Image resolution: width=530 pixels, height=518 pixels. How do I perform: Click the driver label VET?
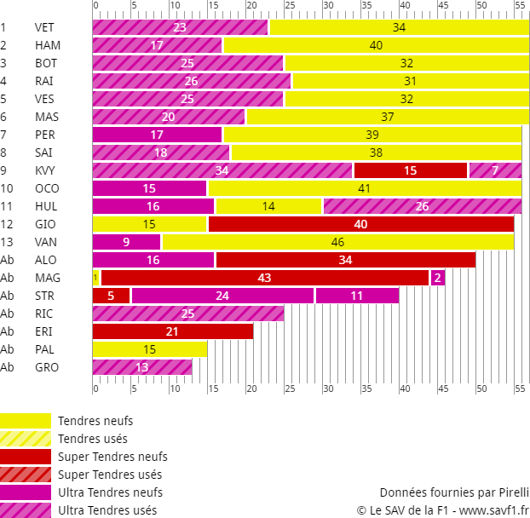click(x=44, y=27)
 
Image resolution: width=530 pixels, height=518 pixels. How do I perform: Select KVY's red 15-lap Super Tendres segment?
click(x=410, y=170)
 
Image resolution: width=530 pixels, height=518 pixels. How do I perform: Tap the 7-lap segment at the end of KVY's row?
click(x=495, y=170)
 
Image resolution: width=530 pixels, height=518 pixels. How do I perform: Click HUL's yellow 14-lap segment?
click(x=268, y=205)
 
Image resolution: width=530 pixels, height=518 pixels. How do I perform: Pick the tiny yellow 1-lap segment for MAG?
click(x=95, y=278)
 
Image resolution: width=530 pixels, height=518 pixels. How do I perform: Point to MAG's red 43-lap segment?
click(x=264, y=278)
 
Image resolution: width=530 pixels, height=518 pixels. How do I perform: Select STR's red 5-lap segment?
click(x=111, y=296)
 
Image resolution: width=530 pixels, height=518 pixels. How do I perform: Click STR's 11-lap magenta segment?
click(x=356, y=296)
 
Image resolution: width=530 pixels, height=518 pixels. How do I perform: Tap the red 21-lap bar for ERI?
click(x=172, y=331)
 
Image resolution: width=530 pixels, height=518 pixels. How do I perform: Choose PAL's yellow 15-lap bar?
click(x=149, y=349)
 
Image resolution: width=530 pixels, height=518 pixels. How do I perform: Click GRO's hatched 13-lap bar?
click(x=141, y=367)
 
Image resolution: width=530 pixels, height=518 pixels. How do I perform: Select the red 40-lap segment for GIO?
click(x=360, y=224)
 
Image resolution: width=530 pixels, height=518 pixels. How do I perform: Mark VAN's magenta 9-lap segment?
click(x=126, y=242)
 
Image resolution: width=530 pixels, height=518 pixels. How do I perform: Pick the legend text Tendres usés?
click(x=92, y=439)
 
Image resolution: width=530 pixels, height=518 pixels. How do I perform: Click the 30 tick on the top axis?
click(x=327, y=6)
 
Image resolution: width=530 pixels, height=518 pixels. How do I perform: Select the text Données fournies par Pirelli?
click(x=454, y=492)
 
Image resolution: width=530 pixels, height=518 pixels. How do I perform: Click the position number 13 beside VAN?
click(x=6, y=242)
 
